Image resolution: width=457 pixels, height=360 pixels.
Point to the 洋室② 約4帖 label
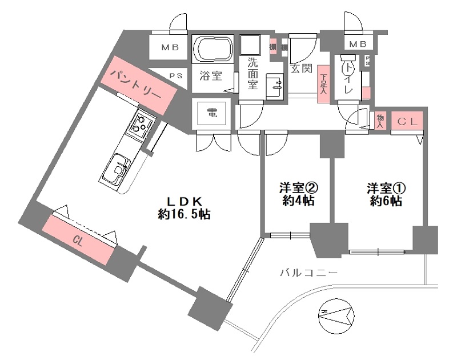point(296,194)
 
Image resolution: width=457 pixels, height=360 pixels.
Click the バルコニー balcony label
point(308,273)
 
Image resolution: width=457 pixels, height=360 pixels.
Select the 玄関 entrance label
point(301,69)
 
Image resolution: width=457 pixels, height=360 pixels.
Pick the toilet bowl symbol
point(347,68)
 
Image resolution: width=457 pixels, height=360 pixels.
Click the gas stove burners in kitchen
point(143,124)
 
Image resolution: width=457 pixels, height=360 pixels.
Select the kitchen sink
point(119,169)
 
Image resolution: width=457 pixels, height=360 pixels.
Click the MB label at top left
point(168,47)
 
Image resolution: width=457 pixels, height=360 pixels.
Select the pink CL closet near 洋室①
point(408,121)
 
